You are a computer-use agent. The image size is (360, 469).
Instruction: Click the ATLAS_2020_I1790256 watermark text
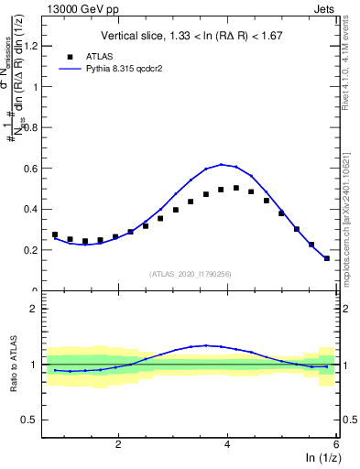tap(191, 272)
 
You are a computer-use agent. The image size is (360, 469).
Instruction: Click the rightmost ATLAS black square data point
tap(327, 257)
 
